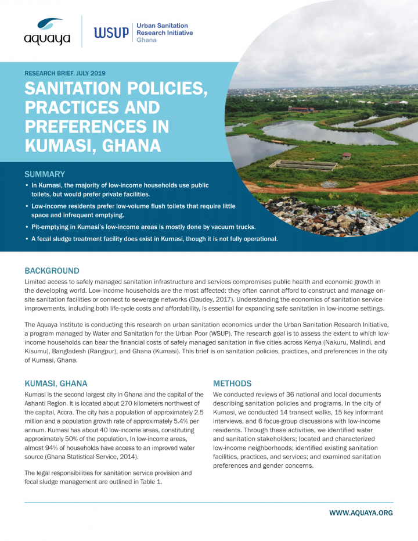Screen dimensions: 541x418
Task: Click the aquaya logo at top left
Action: (x=47, y=31)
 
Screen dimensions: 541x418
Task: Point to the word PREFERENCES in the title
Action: (x=96, y=126)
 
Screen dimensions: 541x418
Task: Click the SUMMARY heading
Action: (x=45, y=174)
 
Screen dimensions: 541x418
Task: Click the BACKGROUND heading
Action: (x=52, y=271)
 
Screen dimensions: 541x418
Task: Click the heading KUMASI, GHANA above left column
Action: (x=56, y=384)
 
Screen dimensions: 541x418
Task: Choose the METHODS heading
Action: (x=232, y=384)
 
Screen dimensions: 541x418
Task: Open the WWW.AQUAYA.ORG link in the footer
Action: (x=361, y=513)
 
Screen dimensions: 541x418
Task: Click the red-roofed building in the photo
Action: (x=301, y=109)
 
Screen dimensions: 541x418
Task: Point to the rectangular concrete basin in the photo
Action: (x=304, y=164)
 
